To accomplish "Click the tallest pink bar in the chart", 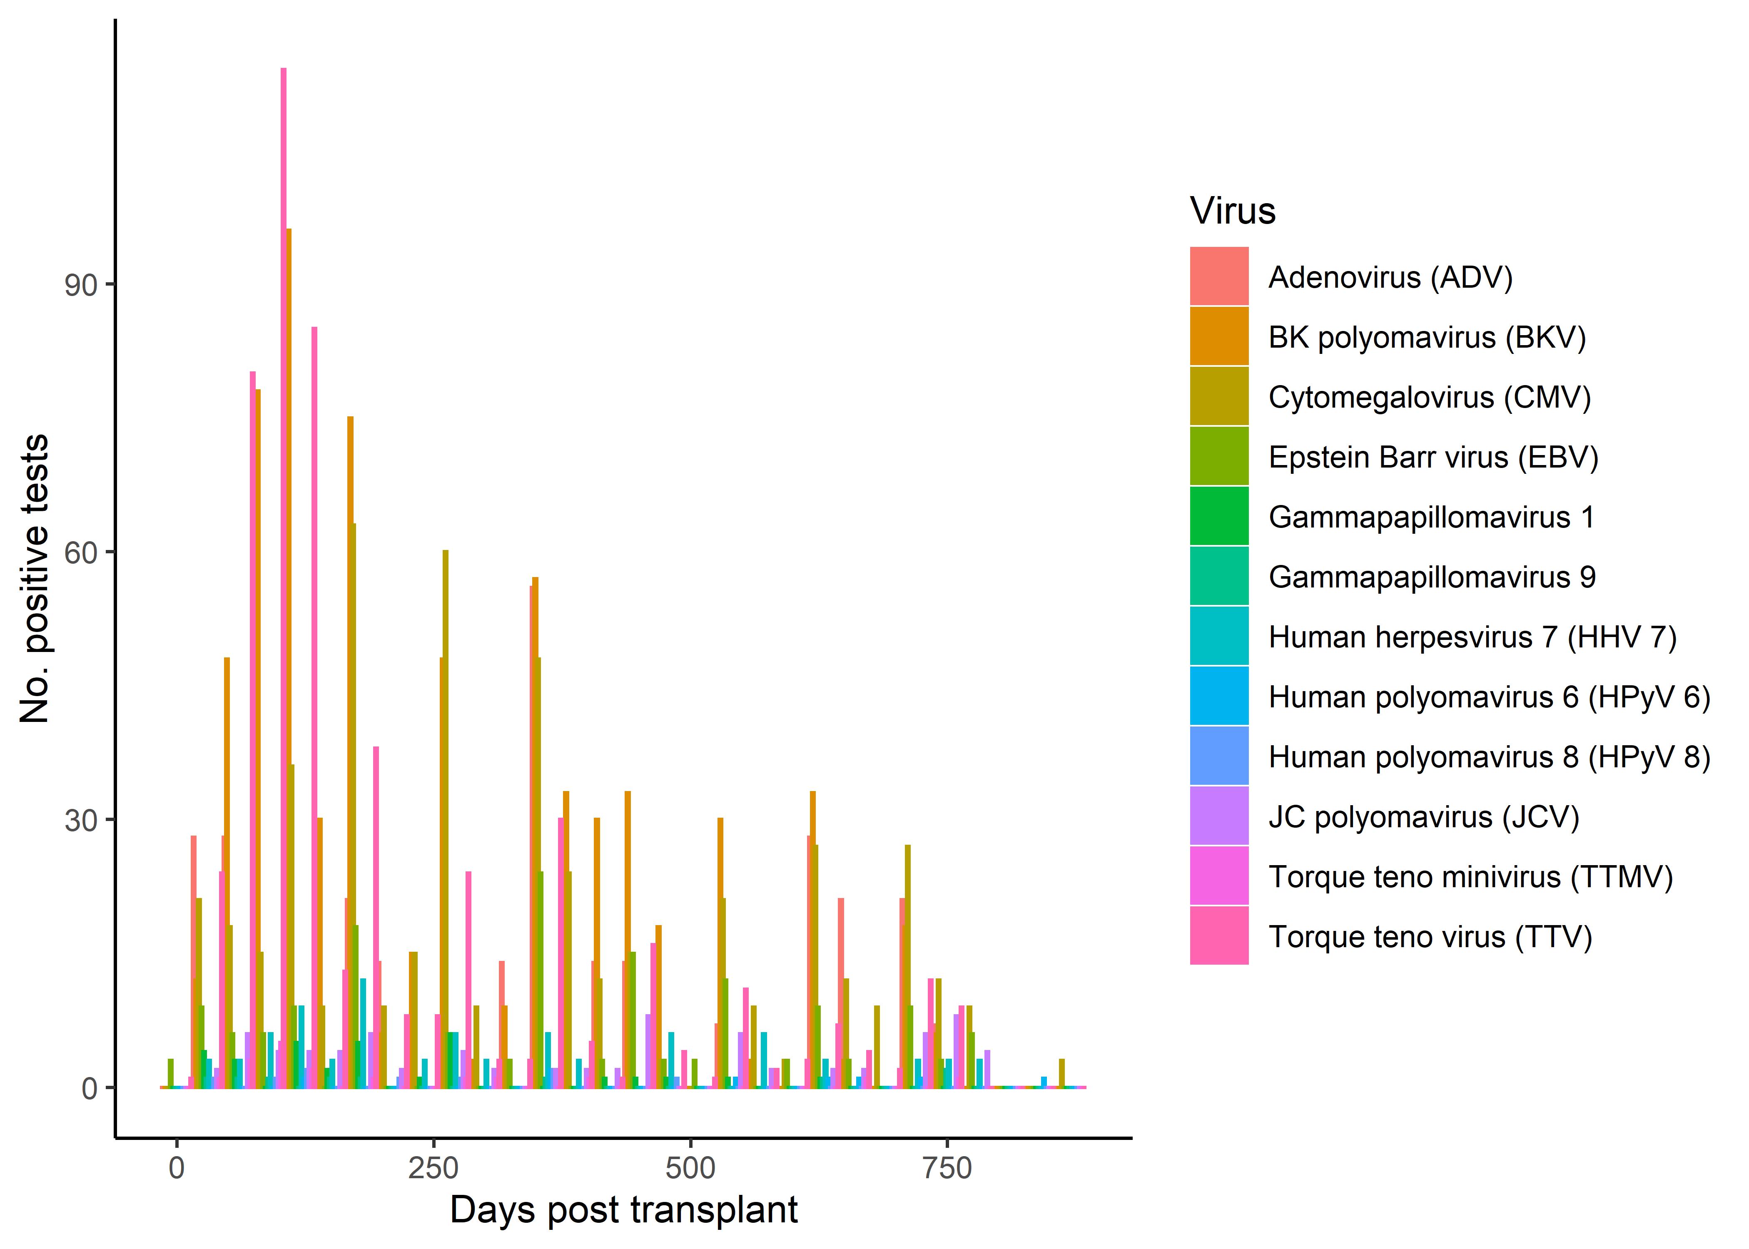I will coord(283,577).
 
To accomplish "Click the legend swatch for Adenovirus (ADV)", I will coord(1218,276).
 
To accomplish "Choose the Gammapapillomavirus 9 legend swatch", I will coord(1218,576).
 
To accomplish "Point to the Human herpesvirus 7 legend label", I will coord(1472,637).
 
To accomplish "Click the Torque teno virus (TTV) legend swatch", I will coord(1218,936).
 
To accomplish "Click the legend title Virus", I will coord(1232,211).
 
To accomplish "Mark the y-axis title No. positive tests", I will coord(35,578).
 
